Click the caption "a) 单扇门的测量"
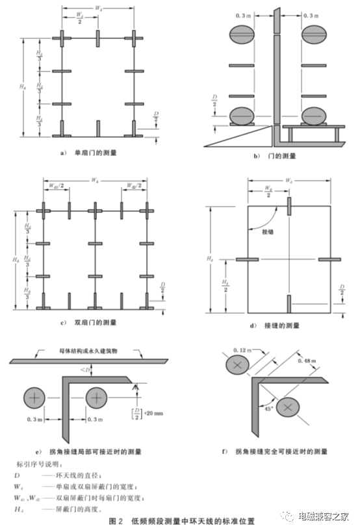pos(92,155)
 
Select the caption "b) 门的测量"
pos(275,156)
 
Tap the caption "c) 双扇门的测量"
pos(92,323)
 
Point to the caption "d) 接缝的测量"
pos(276,323)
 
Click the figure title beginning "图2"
pos(181,520)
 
